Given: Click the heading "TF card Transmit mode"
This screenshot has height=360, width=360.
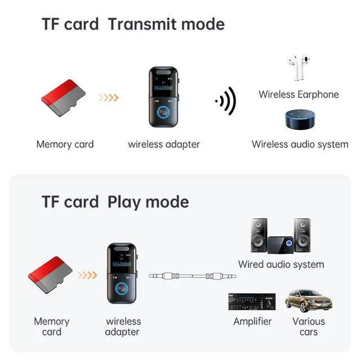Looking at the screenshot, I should (133, 25).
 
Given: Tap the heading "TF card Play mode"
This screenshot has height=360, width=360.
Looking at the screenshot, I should (115, 202).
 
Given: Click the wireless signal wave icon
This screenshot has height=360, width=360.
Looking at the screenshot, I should (226, 102).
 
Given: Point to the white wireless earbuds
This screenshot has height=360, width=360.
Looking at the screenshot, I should (299, 69).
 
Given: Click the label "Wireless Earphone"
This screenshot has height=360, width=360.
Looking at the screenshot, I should (299, 94).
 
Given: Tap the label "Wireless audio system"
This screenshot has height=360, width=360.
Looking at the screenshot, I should (300, 144).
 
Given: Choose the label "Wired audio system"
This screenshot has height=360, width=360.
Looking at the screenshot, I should (281, 264).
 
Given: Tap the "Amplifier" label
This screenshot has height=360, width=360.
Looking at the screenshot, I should (253, 322).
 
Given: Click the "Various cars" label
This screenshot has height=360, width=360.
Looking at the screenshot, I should (308, 326).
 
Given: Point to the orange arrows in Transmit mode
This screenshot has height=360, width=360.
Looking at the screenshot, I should (109, 98).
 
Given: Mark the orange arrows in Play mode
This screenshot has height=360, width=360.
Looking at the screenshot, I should (87, 275).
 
